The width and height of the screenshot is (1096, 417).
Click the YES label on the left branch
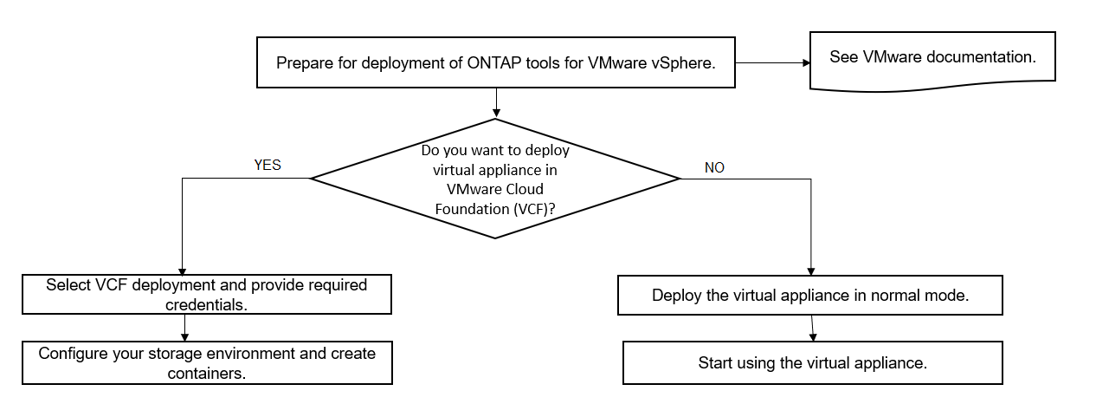pyautogui.click(x=267, y=165)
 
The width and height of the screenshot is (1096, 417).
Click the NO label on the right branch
pyautogui.click(x=714, y=167)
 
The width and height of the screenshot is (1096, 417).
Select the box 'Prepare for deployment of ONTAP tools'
pyautogui.click(x=495, y=62)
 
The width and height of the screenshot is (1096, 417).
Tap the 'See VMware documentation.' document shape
pyautogui.click(x=932, y=58)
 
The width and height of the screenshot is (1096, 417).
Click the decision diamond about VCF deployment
pyautogui.click(x=495, y=179)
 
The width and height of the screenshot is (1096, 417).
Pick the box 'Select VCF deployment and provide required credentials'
pyautogui.click(x=207, y=294)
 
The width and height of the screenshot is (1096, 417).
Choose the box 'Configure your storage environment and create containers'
pyautogui.click(x=207, y=362)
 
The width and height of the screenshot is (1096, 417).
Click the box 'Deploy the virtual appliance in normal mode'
pyautogui.click(x=809, y=295)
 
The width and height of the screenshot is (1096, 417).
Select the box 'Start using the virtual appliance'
pyautogui.click(x=812, y=362)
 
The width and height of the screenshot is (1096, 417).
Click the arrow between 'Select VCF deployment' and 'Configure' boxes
pyautogui.click(x=184, y=327)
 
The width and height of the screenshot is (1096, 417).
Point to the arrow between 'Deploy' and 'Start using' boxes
pyautogui.click(x=813, y=328)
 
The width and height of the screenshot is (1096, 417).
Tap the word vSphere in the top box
pyautogui.click(x=680, y=62)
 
